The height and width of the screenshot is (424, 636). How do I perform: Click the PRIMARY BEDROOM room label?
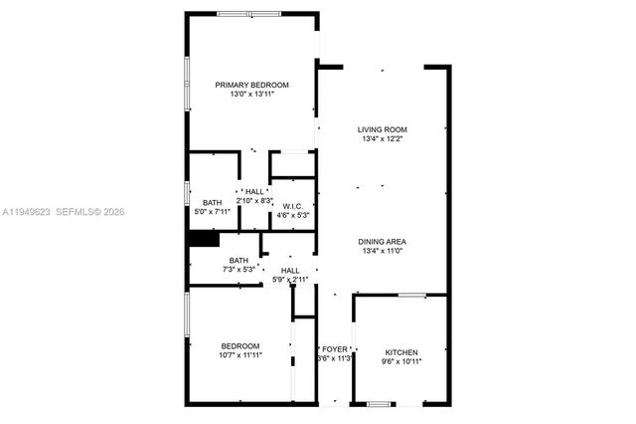(252, 85)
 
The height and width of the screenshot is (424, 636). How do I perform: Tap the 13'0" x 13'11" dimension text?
(252, 95)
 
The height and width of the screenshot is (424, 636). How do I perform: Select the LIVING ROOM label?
(383, 129)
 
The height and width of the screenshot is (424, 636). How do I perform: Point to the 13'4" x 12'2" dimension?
(383, 139)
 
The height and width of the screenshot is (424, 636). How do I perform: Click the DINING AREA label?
(383, 241)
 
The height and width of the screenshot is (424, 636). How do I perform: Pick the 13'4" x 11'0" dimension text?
(383, 251)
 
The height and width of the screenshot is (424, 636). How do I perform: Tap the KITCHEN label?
(401, 352)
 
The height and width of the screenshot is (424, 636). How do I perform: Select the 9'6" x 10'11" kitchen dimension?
(401, 362)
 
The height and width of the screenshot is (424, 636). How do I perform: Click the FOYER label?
(334, 348)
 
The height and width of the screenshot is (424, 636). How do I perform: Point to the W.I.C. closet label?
(291, 206)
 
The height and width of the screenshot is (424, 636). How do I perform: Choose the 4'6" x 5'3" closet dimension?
(291, 215)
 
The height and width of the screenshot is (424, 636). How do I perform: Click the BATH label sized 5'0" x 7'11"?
(213, 202)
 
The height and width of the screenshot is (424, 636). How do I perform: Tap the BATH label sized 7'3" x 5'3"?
(238, 260)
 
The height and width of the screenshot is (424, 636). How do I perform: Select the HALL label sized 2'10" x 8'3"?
(254, 191)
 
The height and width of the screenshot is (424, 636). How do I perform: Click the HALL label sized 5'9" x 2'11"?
(289, 270)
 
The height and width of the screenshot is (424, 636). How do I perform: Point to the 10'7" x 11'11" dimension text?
(239, 354)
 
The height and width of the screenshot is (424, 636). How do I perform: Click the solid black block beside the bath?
(203, 239)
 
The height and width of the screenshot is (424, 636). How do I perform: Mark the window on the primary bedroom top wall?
(247, 13)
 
